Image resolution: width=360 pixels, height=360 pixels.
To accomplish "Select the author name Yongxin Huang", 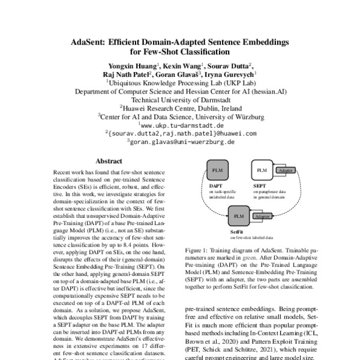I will [x=133, y=65].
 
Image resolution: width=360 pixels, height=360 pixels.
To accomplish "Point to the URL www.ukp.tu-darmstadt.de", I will [x=181, y=125].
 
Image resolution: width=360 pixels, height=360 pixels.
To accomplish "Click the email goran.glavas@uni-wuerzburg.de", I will [x=181, y=142].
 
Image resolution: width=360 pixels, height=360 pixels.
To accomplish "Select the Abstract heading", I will [x=109, y=161].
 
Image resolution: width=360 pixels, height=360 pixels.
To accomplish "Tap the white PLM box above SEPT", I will [x=262, y=171].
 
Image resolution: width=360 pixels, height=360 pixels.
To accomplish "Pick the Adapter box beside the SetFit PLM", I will [x=262, y=215].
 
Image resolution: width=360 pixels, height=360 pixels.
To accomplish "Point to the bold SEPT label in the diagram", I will [x=259, y=186].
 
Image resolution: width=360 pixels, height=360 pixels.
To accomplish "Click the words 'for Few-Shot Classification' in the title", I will [x=181, y=53].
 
